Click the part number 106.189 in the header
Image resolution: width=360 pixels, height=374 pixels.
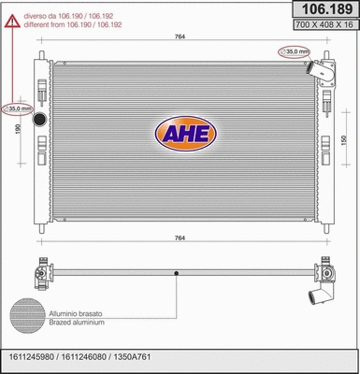click(327, 9)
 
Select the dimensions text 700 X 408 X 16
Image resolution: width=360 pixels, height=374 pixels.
click(324, 24)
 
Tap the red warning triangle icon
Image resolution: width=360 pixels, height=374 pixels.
click(12, 22)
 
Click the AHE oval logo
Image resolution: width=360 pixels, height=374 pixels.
click(186, 134)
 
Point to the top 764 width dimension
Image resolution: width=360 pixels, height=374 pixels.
click(180, 36)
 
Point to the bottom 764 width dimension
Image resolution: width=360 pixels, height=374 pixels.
click(180, 238)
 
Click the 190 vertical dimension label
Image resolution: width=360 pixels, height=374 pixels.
click(18, 128)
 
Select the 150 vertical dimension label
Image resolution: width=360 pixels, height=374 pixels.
click(344, 140)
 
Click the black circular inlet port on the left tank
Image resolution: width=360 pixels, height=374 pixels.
click(39, 119)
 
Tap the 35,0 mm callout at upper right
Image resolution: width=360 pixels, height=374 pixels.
click(294, 51)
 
